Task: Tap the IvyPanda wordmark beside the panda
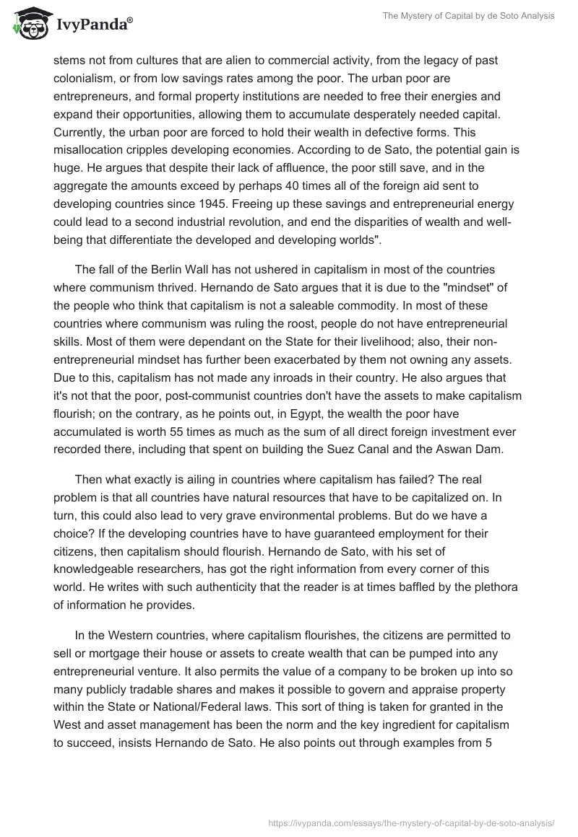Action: coord(92,26)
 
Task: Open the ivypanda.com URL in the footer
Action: coord(411,822)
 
